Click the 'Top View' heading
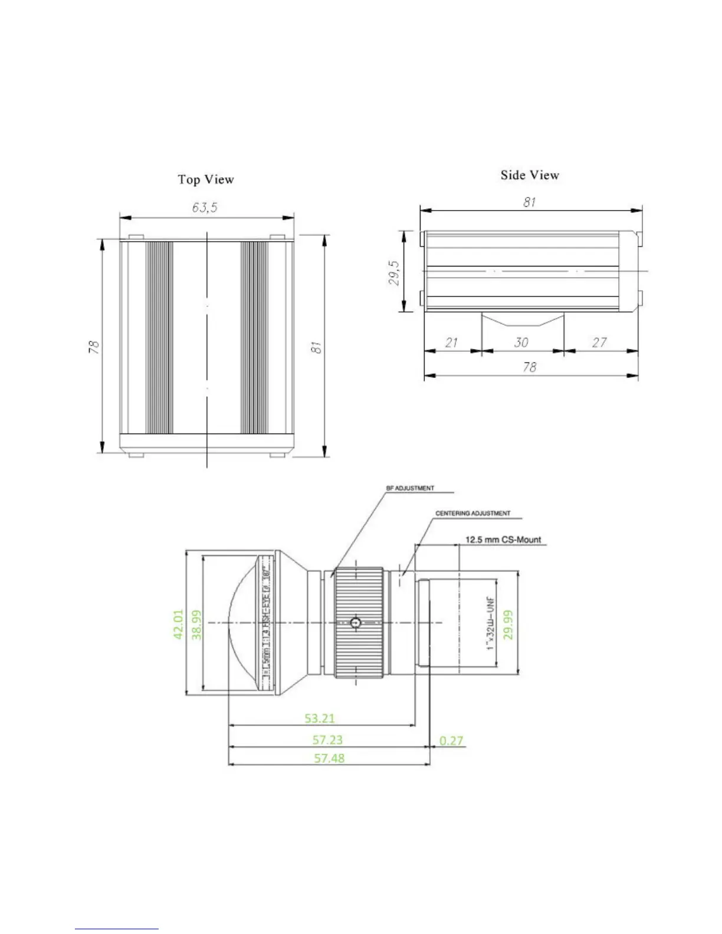206,179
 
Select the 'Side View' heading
529,175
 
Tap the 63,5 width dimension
204,208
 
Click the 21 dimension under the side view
451,342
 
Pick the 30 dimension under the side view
521,342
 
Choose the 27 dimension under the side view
599,342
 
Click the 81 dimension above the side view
529,202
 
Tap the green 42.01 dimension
178,624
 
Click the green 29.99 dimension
508,624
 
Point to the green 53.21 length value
320,718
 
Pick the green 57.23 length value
327,739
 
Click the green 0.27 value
451,740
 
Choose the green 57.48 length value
329,758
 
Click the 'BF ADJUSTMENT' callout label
410,488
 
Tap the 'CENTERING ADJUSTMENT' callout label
473,514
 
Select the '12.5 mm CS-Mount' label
503,540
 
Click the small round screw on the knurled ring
355,623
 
